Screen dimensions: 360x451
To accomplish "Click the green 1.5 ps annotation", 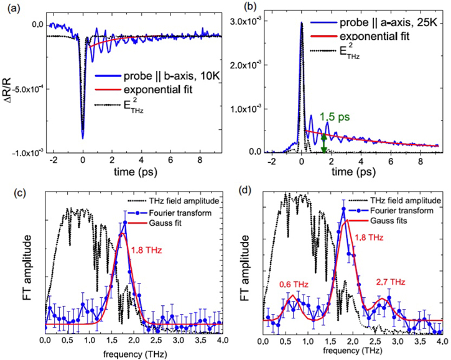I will click(333, 116).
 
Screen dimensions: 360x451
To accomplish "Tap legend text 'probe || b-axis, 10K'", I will click(156, 78).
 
